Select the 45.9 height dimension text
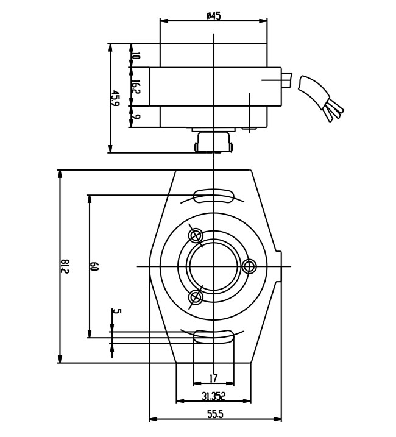(115, 98)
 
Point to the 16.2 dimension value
(136, 88)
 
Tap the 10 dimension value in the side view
(136, 55)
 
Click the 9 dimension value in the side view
(136, 118)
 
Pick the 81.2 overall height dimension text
(65, 266)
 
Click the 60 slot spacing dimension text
(94, 266)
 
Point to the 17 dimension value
(213, 378)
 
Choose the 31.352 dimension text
(213, 396)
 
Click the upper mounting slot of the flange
(213, 195)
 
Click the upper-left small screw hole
(196, 235)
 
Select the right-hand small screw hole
(249, 266)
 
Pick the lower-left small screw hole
(196, 297)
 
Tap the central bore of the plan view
(213, 266)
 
